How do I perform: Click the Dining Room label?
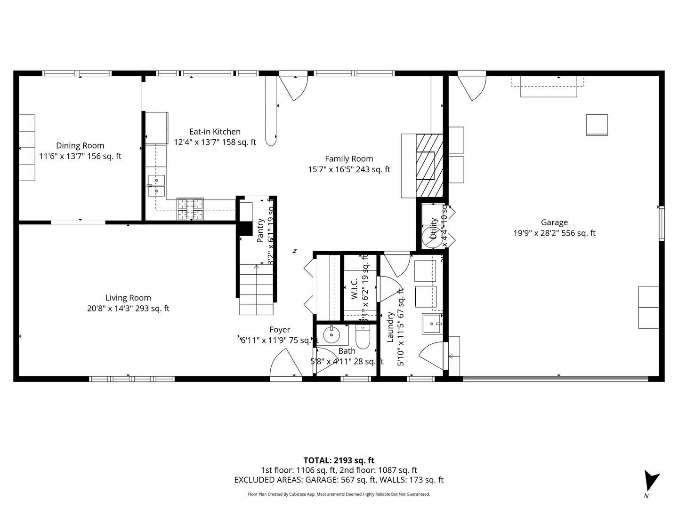[x=80, y=146]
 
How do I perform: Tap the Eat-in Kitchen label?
[x=215, y=132]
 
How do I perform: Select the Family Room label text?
[x=349, y=159]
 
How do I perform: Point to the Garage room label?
[x=554, y=222]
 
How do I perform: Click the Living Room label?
[x=128, y=298]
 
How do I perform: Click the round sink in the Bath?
[x=332, y=335]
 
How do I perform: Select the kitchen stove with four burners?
[x=190, y=209]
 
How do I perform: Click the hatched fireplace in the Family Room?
[x=429, y=166]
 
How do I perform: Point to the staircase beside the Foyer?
[x=256, y=289]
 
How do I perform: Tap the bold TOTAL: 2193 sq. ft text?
[x=339, y=460]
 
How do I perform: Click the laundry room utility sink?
[x=432, y=324]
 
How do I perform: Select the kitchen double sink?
[x=156, y=185]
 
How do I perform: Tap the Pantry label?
[x=260, y=230]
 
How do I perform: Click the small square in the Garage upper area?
[x=597, y=125]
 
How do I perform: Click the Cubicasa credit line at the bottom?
[x=339, y=494]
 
